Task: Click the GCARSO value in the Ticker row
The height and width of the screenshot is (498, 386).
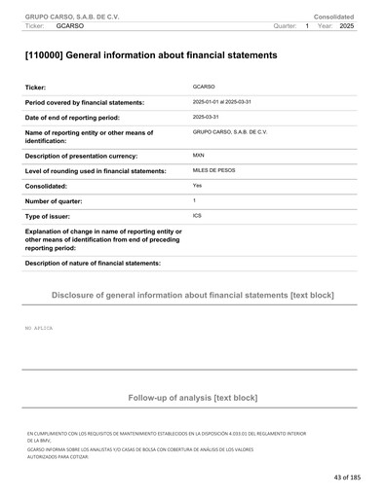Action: tap(204, 87)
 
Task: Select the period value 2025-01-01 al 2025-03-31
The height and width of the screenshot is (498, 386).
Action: tap(224, 101)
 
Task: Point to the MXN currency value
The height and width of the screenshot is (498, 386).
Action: tap(199, 155)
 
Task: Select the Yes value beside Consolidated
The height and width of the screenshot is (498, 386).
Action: tap(198, 185)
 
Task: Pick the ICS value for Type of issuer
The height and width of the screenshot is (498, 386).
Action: tap(198, 215)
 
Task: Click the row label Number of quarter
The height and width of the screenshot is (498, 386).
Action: tap(63, 200)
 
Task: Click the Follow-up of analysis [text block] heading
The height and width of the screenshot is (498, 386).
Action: tap(192, 398)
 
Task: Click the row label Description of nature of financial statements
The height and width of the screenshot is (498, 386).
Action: tap(93, 263)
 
